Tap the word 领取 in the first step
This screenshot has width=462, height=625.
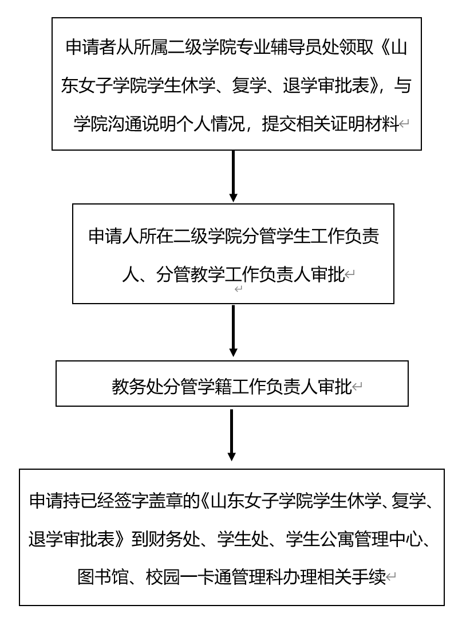[x=357, y=48]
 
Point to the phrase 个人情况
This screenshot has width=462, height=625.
[x=210, y=124]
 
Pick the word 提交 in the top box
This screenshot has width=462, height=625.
[x=279, y=124]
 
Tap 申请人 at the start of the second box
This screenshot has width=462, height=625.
[x=114, y=236]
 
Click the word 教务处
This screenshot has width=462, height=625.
[x=137, y=386]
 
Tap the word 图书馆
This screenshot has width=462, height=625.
[x=102, y=577]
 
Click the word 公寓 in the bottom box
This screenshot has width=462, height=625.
[x=337, y=539]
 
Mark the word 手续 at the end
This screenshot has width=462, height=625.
[x=369, y=577]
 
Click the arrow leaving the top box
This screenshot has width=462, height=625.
[x=234, y=176]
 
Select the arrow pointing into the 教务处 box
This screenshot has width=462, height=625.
[x=234, y=331]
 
